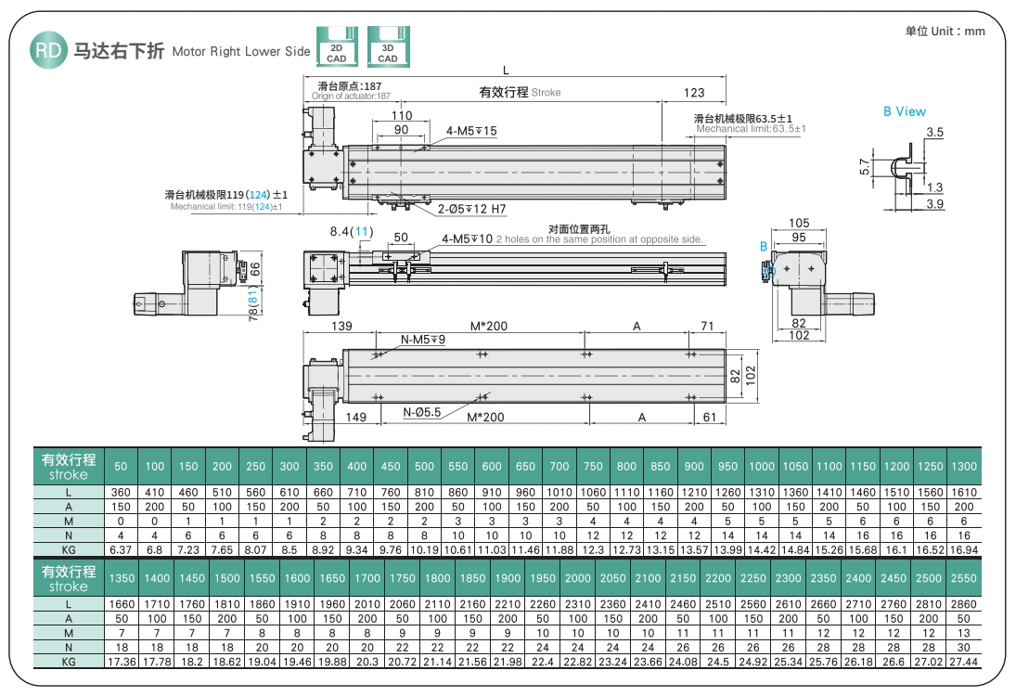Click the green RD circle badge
click(x=47, y=50)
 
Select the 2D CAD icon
click(x=336, y=46)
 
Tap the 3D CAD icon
click(x=388, y=46)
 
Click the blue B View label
click(x=904, y=111)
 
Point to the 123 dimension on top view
click(x=693, y=93)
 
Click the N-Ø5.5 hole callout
click(x=421, y=412)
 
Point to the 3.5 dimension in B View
click(x=934, y=133)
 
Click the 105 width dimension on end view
click(x=798, y=224)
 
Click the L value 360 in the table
click(x=122, y=492)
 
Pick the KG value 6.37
click(x=122, y=549)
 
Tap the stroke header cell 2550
click(x=964, y=578)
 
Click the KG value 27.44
click(x=964, y=662)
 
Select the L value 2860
click(x=964, y=604)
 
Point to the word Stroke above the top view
click(x=547, y=93)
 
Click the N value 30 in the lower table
click(x=964, y=647)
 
